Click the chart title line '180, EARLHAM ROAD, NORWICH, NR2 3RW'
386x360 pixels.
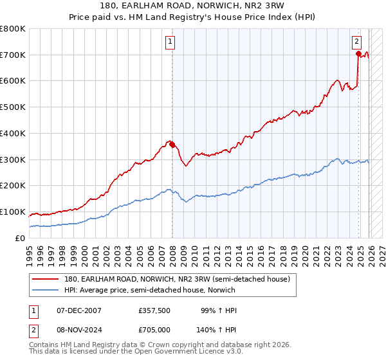point(193,6)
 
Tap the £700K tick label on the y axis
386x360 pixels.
point(14,55)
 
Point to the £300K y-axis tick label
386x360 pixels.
point(14,159)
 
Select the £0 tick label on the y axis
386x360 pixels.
point(21,238)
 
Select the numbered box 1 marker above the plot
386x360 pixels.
point(170,42)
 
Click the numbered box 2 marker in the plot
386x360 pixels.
point(356,42)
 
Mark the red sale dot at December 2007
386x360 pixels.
point(172,145)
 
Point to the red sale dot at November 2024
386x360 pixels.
point(358,54)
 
